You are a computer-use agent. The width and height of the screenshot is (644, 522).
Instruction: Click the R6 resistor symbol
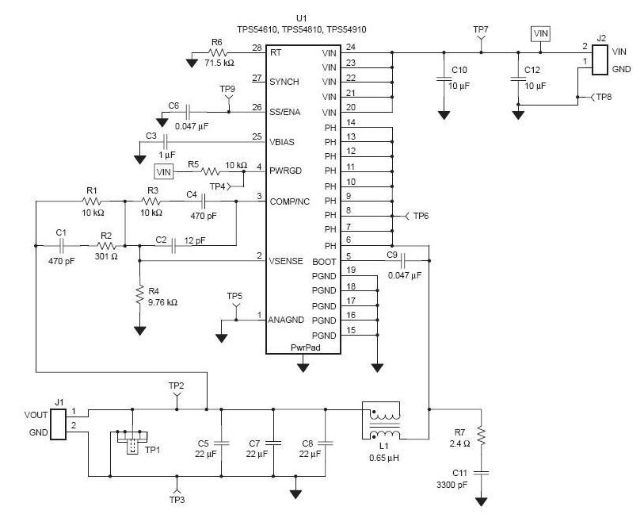(x=218, y=52)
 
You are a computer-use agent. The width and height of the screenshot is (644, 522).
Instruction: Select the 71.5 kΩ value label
(x=219, y=63)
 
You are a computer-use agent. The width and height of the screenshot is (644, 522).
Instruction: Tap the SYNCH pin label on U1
(x=284, y=82)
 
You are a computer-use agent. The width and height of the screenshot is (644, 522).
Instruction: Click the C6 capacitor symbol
(x=188, y=112)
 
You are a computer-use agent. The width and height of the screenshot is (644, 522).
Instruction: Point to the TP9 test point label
(x=227, y=89)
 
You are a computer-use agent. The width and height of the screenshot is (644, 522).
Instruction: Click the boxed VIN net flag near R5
(x=164, y=171)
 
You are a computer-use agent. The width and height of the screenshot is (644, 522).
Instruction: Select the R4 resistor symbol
(x=140, y=294)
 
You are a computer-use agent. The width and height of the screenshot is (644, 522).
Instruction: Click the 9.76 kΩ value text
(x=162, y=302)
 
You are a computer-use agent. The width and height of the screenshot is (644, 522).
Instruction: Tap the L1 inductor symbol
(x=381, y=420)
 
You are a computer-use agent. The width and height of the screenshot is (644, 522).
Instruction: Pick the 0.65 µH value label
(x=384, y=458)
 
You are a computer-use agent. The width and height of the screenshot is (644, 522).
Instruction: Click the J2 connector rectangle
(x=600, y=59)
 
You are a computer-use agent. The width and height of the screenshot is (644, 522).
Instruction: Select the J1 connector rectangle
(x=58, y=424)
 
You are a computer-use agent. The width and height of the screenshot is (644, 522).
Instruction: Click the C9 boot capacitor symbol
(x=403, y=260)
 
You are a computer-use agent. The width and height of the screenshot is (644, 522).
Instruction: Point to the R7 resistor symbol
(x=481, y=436)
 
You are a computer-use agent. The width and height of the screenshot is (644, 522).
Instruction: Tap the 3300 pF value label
(x=452, y=485)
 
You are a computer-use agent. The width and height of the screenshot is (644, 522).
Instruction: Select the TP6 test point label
(x=421, y=216)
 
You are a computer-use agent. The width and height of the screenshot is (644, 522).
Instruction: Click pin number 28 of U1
(x=257, y=48)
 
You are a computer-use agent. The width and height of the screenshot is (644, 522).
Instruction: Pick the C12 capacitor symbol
(x=518, y=79)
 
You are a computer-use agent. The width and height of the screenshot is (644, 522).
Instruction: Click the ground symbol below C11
(x=481, y=501)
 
